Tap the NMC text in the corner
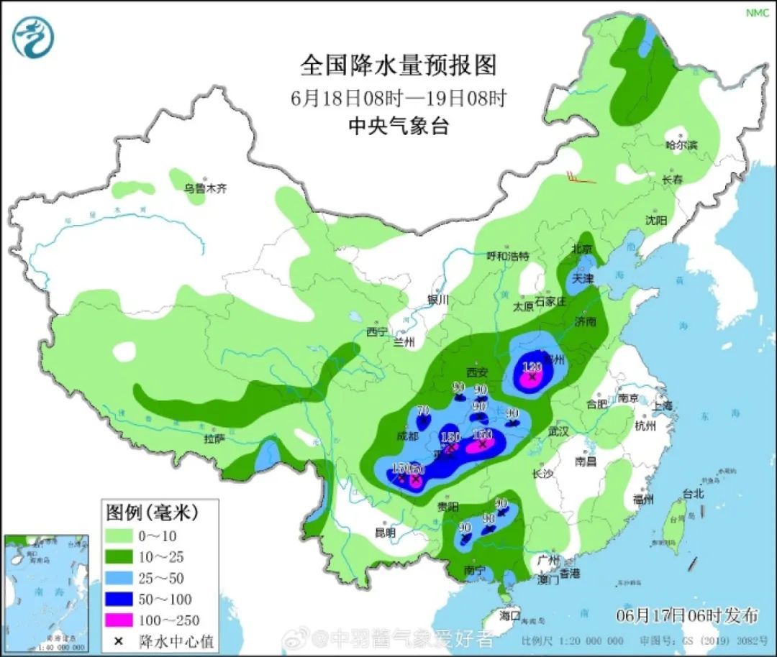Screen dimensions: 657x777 tap(757, 13)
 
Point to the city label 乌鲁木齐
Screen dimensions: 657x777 tap(204, 189)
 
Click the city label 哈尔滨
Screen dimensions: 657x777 tap(681, 145)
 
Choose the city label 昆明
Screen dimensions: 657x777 tap(385, 533)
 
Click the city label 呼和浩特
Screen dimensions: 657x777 tap(507, 256)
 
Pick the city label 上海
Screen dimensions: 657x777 tap(663, 406)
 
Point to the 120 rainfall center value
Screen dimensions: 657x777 tap(532, 367)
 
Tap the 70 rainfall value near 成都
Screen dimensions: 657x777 tap(423, 410)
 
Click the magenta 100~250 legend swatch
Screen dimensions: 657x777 tap(124, 619)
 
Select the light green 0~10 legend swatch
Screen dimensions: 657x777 tap(124, 536)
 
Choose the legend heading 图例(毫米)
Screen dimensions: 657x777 tap(152, 513)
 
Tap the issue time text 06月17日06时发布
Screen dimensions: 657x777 tap(687, 615)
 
